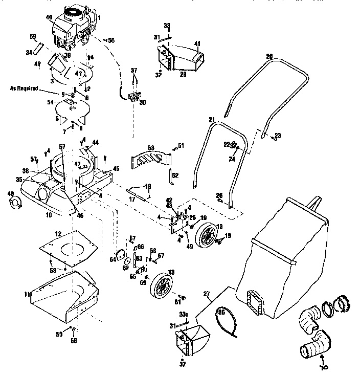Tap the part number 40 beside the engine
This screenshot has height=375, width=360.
coord(49,17)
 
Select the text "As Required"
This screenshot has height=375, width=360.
coord(24,88)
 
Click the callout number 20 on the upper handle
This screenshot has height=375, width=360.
coord(269,56)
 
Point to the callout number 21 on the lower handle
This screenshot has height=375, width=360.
coord(212,119)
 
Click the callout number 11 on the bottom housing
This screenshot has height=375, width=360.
coord(27,295)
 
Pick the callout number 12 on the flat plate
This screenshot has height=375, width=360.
coord(58,233)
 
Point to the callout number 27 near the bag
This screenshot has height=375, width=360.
coord(207,294)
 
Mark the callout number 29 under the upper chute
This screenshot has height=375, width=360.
coord(183,74)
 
